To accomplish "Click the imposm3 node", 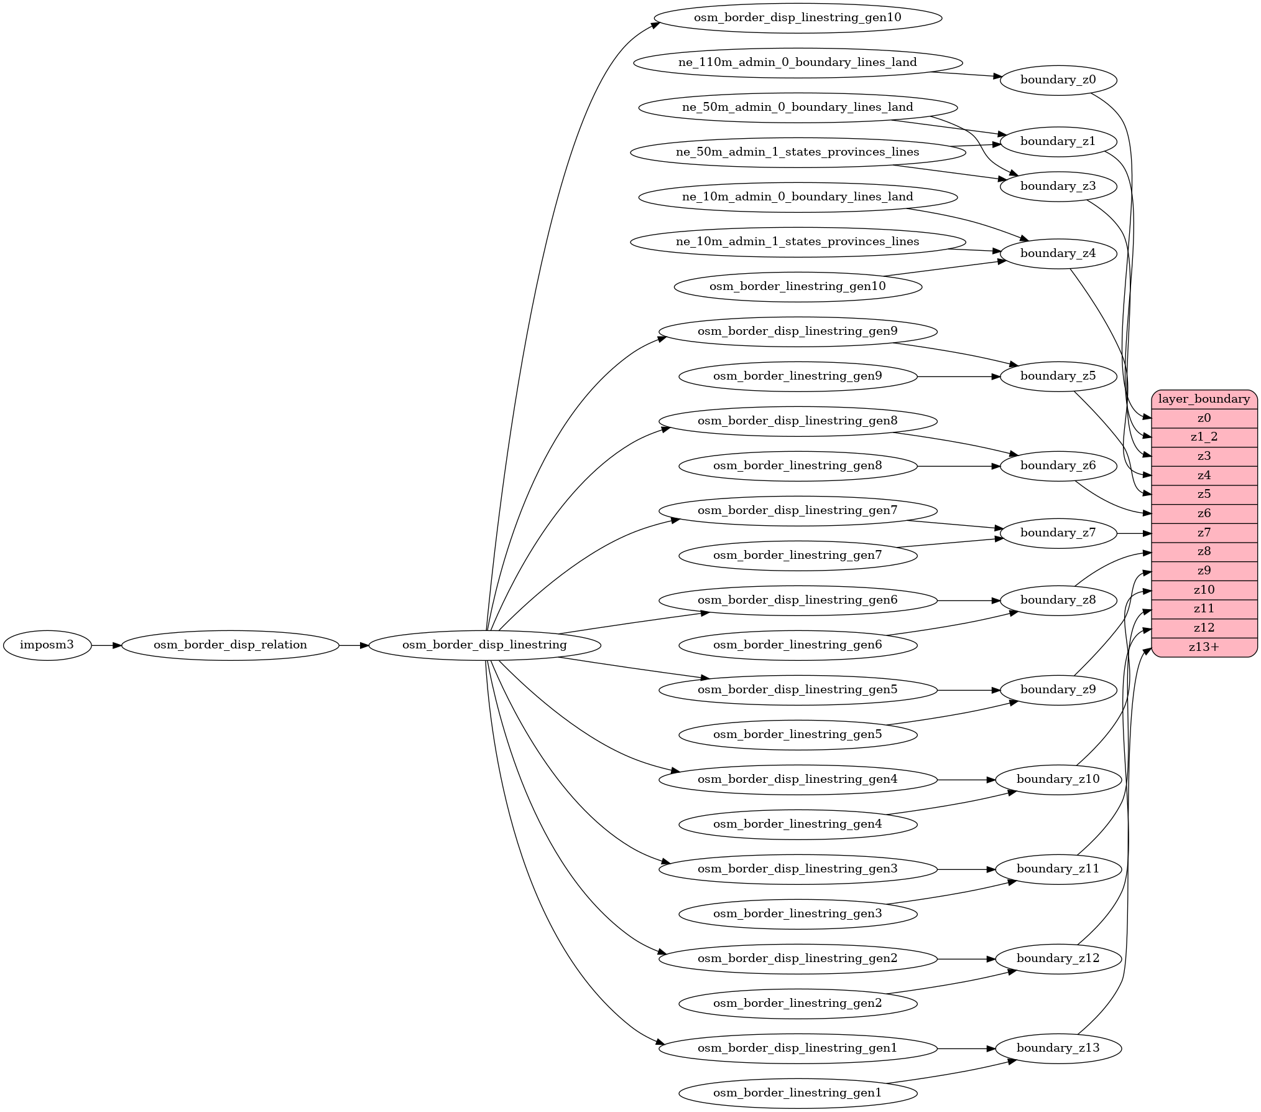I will (x=47, y=645).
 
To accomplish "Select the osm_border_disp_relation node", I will (x=230, y=645).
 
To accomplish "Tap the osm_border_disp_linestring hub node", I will (x=484, y=645).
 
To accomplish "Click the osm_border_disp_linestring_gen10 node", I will (x=797, y=18).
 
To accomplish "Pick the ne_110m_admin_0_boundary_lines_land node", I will (x=797, y=63).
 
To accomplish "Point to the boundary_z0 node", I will (x=1058, y=80).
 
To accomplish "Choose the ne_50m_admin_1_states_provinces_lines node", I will (x=797, y=152).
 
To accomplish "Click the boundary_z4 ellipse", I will (x=1058, y=254).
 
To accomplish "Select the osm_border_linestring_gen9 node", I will (x=797, y=376).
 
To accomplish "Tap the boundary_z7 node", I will (x=1058, y=533).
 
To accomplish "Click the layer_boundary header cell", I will (x=1204, y=399).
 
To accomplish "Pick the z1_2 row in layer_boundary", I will (x=1204, y=437).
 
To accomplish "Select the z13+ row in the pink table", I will (x=1204, y=648).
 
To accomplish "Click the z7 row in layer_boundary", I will (x=1204, y=533).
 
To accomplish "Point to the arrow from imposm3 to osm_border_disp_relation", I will (x=106, y=645).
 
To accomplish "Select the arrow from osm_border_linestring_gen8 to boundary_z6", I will (x=958, y=466).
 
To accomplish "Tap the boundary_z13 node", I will (x=1058, y=1049).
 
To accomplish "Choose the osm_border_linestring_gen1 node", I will (x=797, y=1093).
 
